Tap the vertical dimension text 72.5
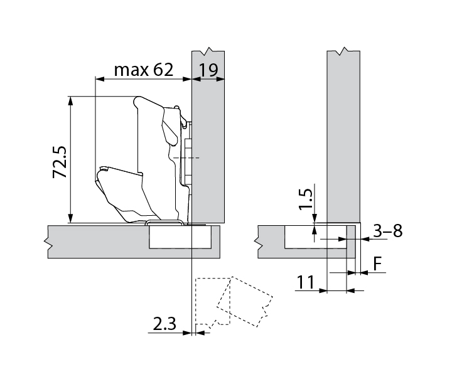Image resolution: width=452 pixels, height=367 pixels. [x=60, y=162]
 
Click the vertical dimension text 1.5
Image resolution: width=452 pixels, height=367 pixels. [x=306, y=198]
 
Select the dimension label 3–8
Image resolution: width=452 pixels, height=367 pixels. [x=387, y=231]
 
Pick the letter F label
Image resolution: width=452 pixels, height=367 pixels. [x=377, y=264]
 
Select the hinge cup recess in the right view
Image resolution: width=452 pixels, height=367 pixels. [x=314, y=237]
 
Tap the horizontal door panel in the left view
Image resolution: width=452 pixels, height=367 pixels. [x=94, y=241]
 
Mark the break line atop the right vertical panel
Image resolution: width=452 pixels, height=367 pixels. [x=343, y=50]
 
